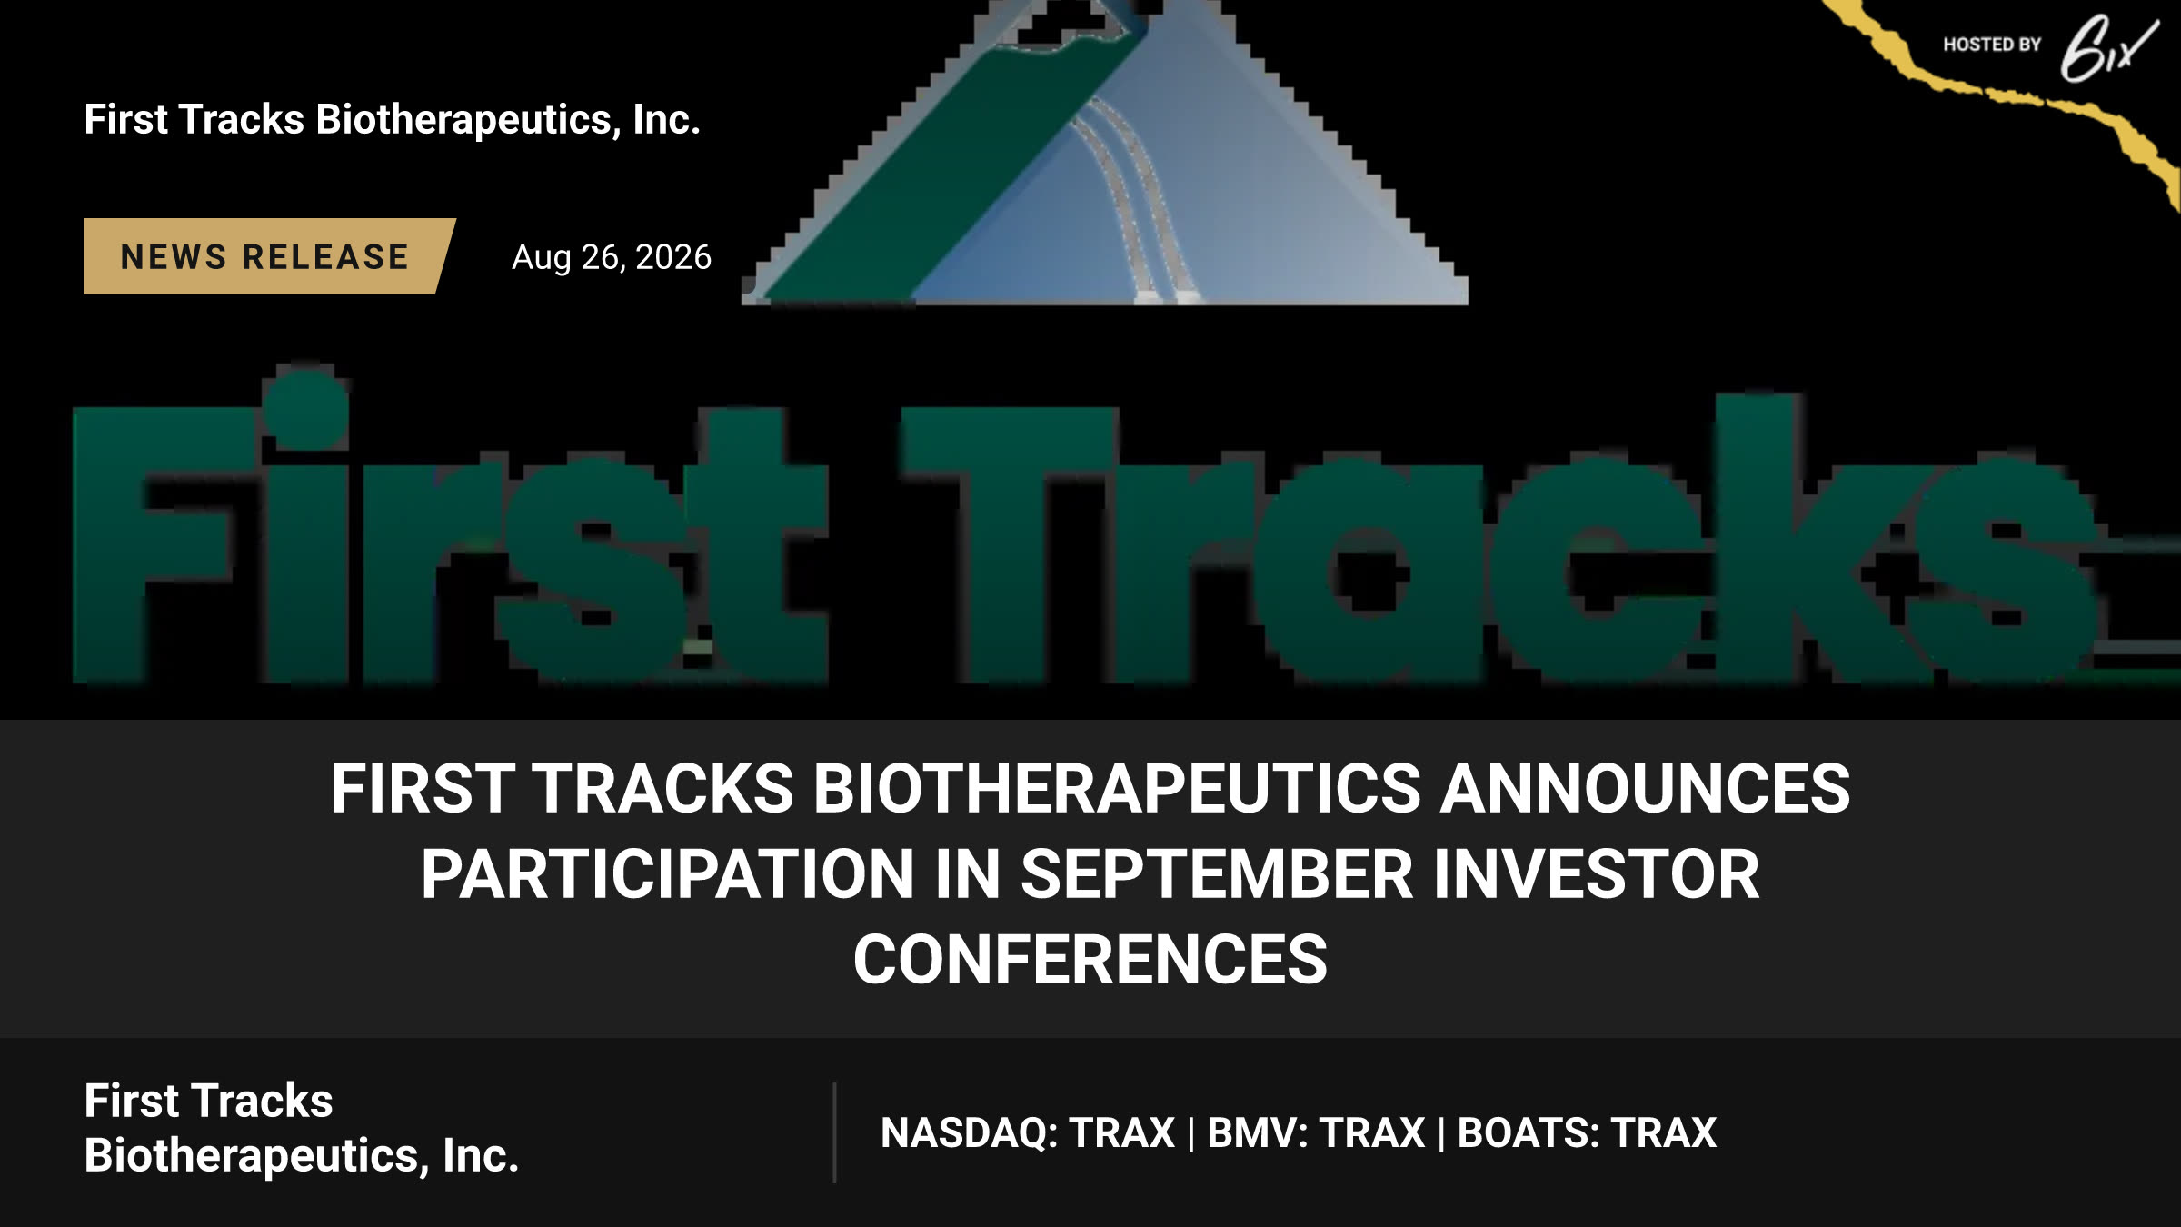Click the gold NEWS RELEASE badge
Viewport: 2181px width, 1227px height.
click(x=268, y=256)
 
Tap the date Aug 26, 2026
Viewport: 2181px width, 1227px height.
click(x=612, y=257)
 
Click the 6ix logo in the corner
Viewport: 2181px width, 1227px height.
click(x=2107, y=48)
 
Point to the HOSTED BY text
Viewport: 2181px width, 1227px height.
click(x=1992, y=45)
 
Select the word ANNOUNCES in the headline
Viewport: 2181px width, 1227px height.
click(x=1646, y=788)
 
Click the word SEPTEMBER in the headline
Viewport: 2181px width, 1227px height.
click(x=1217, y=874)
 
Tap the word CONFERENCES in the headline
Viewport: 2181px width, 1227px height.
click(x=1090, y=960)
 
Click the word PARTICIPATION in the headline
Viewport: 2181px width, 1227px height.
click(x=667, y=874)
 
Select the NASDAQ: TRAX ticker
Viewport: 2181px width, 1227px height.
click(x=1028, y=1132)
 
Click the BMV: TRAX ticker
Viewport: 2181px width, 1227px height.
click(x=1316, y=1132)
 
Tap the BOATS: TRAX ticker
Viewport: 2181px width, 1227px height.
click(x=1587, y=1132)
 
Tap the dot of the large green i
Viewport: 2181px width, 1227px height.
click(x=305, y=407)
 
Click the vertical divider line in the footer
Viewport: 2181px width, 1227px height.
click(x=834, y=1132)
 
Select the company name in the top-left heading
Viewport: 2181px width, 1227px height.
click(x=393, y=120)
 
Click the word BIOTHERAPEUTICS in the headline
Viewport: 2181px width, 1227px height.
click(x=1117, y=788)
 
